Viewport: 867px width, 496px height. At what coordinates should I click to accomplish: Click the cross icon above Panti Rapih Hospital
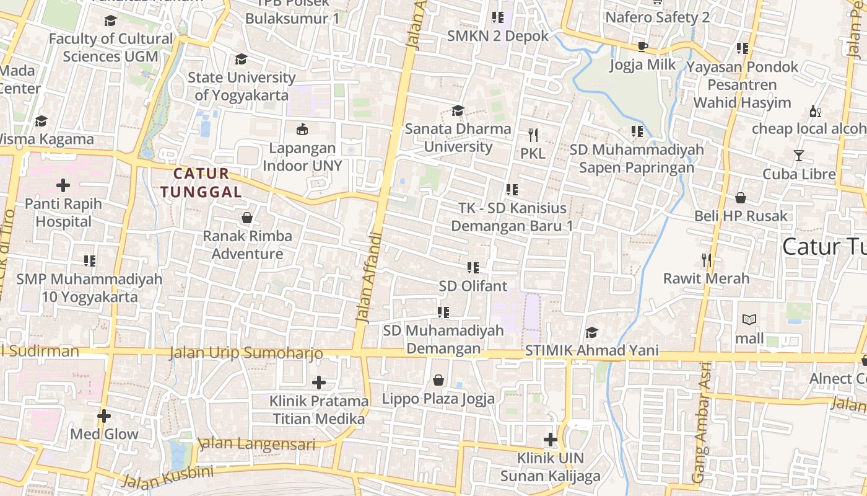click(63, 185)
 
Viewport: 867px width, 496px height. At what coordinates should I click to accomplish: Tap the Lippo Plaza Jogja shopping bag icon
click(438, 379)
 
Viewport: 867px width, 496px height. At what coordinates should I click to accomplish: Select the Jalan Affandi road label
click(368, 277)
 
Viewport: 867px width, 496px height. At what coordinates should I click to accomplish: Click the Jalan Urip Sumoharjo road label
click(246, 353)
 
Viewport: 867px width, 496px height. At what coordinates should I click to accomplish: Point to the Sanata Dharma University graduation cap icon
click(458, 110)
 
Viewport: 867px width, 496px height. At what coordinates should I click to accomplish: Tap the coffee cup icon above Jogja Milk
click(642, 46)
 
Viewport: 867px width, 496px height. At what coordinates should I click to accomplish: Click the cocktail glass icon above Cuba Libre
click(799, 155)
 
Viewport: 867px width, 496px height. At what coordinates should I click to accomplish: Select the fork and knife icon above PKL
click(533, 135)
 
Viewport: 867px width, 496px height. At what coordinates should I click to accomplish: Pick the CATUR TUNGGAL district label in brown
click(201, 183)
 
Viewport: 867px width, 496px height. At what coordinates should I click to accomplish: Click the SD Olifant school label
click(473, 286)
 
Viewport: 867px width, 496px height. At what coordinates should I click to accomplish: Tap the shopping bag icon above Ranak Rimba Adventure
click(246, 218)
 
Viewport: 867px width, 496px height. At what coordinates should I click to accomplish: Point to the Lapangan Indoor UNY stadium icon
click(302, 129)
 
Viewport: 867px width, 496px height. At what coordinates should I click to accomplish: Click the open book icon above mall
click(749, 320)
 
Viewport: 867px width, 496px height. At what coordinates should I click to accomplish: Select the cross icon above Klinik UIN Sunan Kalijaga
click(550, 440)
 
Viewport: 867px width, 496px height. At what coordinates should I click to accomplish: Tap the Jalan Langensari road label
click(256, 445)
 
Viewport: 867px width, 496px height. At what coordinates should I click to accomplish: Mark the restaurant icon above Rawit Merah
click(706, 260)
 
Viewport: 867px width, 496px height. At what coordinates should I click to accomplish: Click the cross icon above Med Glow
click(104, 415)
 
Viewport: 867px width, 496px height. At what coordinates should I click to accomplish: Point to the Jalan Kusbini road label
click(167, 477)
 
